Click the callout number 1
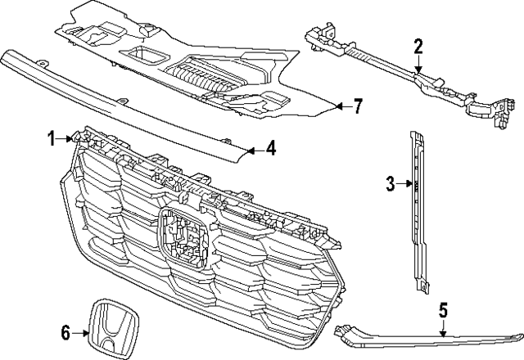pyautogui.click(x=51, y=137)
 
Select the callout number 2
pyautogui.click(x=418, y=46)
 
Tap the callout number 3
pyautogui.click(x=391, y=183)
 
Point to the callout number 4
pyautogui.click(x=271, y=150)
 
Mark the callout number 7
pyautogui.click(x=357, y=106)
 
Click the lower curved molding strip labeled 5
pyautogui.click(x=426, y=337)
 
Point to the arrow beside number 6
pyautogui.click(x=82, y=332)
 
